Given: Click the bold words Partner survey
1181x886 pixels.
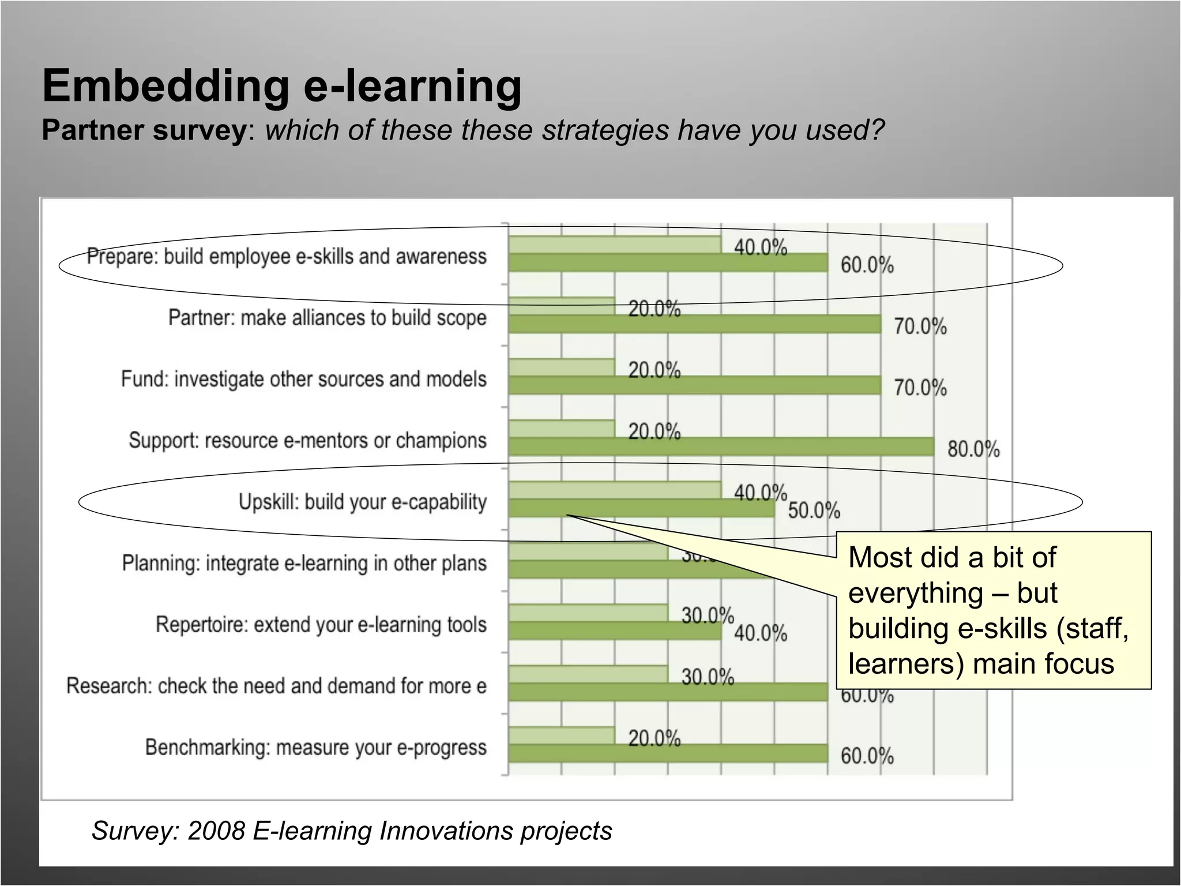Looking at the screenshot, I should click(x=144, y=130).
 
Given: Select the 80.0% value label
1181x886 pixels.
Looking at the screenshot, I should click(x=973, y=449).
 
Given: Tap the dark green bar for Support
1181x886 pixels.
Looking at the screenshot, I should click(x=721, y=446).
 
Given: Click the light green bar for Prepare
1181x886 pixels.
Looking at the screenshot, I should click(x=615, y=245).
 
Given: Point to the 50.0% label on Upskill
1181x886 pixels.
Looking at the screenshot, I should click(x=814, y=510).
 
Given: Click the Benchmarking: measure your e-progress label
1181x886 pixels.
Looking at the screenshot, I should click(x=315, y=747).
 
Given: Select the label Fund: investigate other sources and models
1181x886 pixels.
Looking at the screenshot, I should click(x=303, y=379).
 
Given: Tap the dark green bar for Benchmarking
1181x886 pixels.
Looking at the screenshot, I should click(x=668, y=753).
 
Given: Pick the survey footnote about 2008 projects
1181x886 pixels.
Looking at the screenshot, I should click(x=351, y=831).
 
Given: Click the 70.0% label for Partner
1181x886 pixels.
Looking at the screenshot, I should click(x=920, y=326).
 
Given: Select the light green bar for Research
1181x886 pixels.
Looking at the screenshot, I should click(x=588, y=674).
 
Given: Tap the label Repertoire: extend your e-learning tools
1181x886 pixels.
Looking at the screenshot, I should click(x=321, y=624).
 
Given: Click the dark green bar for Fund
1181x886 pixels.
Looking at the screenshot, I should click(x=694, y=385).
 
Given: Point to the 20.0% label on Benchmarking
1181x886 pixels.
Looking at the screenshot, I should click(x=654, y=738).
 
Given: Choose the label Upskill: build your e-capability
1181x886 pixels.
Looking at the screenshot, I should click(x=362, y=502).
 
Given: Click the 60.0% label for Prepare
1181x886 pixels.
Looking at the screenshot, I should click(x=867, y=265).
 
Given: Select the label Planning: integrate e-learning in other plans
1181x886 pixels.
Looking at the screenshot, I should click(x=304, y=563).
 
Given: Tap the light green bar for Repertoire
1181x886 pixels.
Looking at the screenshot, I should click(x=588, y=613).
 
